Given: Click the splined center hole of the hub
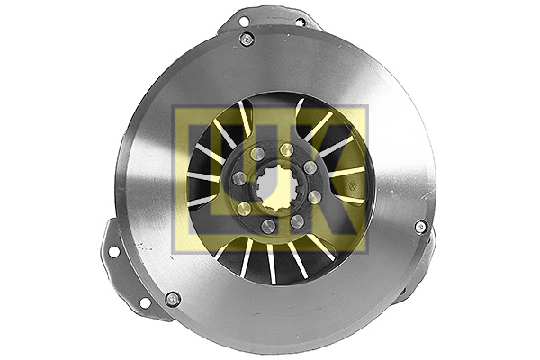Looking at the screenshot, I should [274, 189].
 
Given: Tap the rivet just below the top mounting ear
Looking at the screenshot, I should [247, 39].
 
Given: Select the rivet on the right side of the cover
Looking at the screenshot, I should [420, 226].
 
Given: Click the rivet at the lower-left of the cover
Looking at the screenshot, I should [173, 299].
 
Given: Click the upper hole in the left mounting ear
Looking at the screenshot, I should [113, 251].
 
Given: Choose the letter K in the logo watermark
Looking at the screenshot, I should [333, 180].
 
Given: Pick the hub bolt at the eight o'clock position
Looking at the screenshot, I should [243, 209].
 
